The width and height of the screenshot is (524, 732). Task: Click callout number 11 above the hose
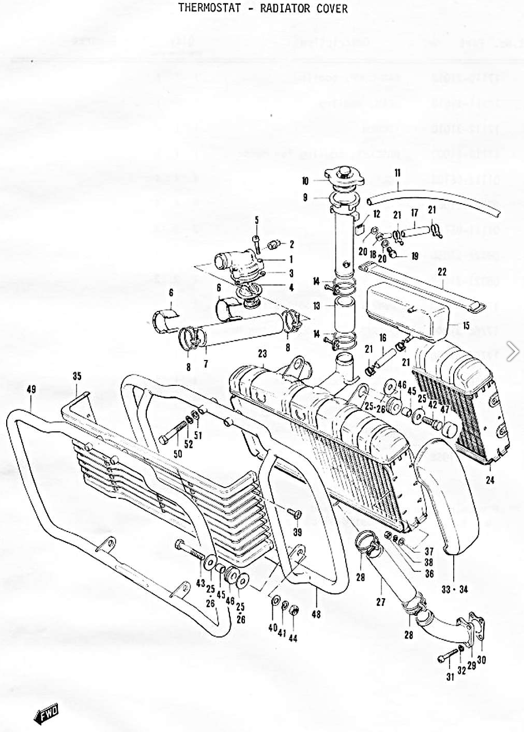pyautogui.click(x=397, y=173)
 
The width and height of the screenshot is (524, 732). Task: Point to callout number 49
pyautogui.click(x=31, y=390)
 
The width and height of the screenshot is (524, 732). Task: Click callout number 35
pyautogui.click(x=77, y=376)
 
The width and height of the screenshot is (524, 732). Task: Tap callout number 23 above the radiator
pyautogui.click(x=263, y=354)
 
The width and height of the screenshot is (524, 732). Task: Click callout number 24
pyautogui.click(x=490, y=480)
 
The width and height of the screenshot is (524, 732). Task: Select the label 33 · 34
pyautogui.click(x=455, y=589)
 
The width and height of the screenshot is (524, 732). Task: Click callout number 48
pyautogui.click(x=316, y=614)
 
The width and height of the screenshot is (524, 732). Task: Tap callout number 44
pyautogui.click(x=293, y=638)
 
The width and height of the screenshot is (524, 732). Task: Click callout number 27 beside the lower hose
pyautogui.click(x=380, y=602)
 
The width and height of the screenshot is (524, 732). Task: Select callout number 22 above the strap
pyautogui.click(x=442, y=272)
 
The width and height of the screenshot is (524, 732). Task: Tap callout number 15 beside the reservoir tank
pyautogui.click(x=466, y=326)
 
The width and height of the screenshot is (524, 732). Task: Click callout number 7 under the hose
pyautogui.click(x=206, y=364)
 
